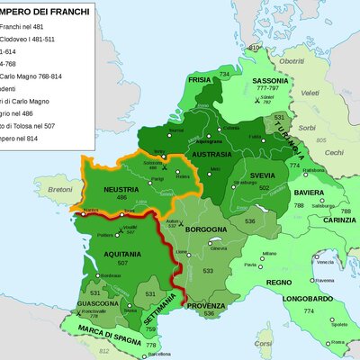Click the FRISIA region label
click(200, 79)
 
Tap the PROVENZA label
click(206, 304)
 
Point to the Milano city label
click(269, 254)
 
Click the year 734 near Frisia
click(224, 71)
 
